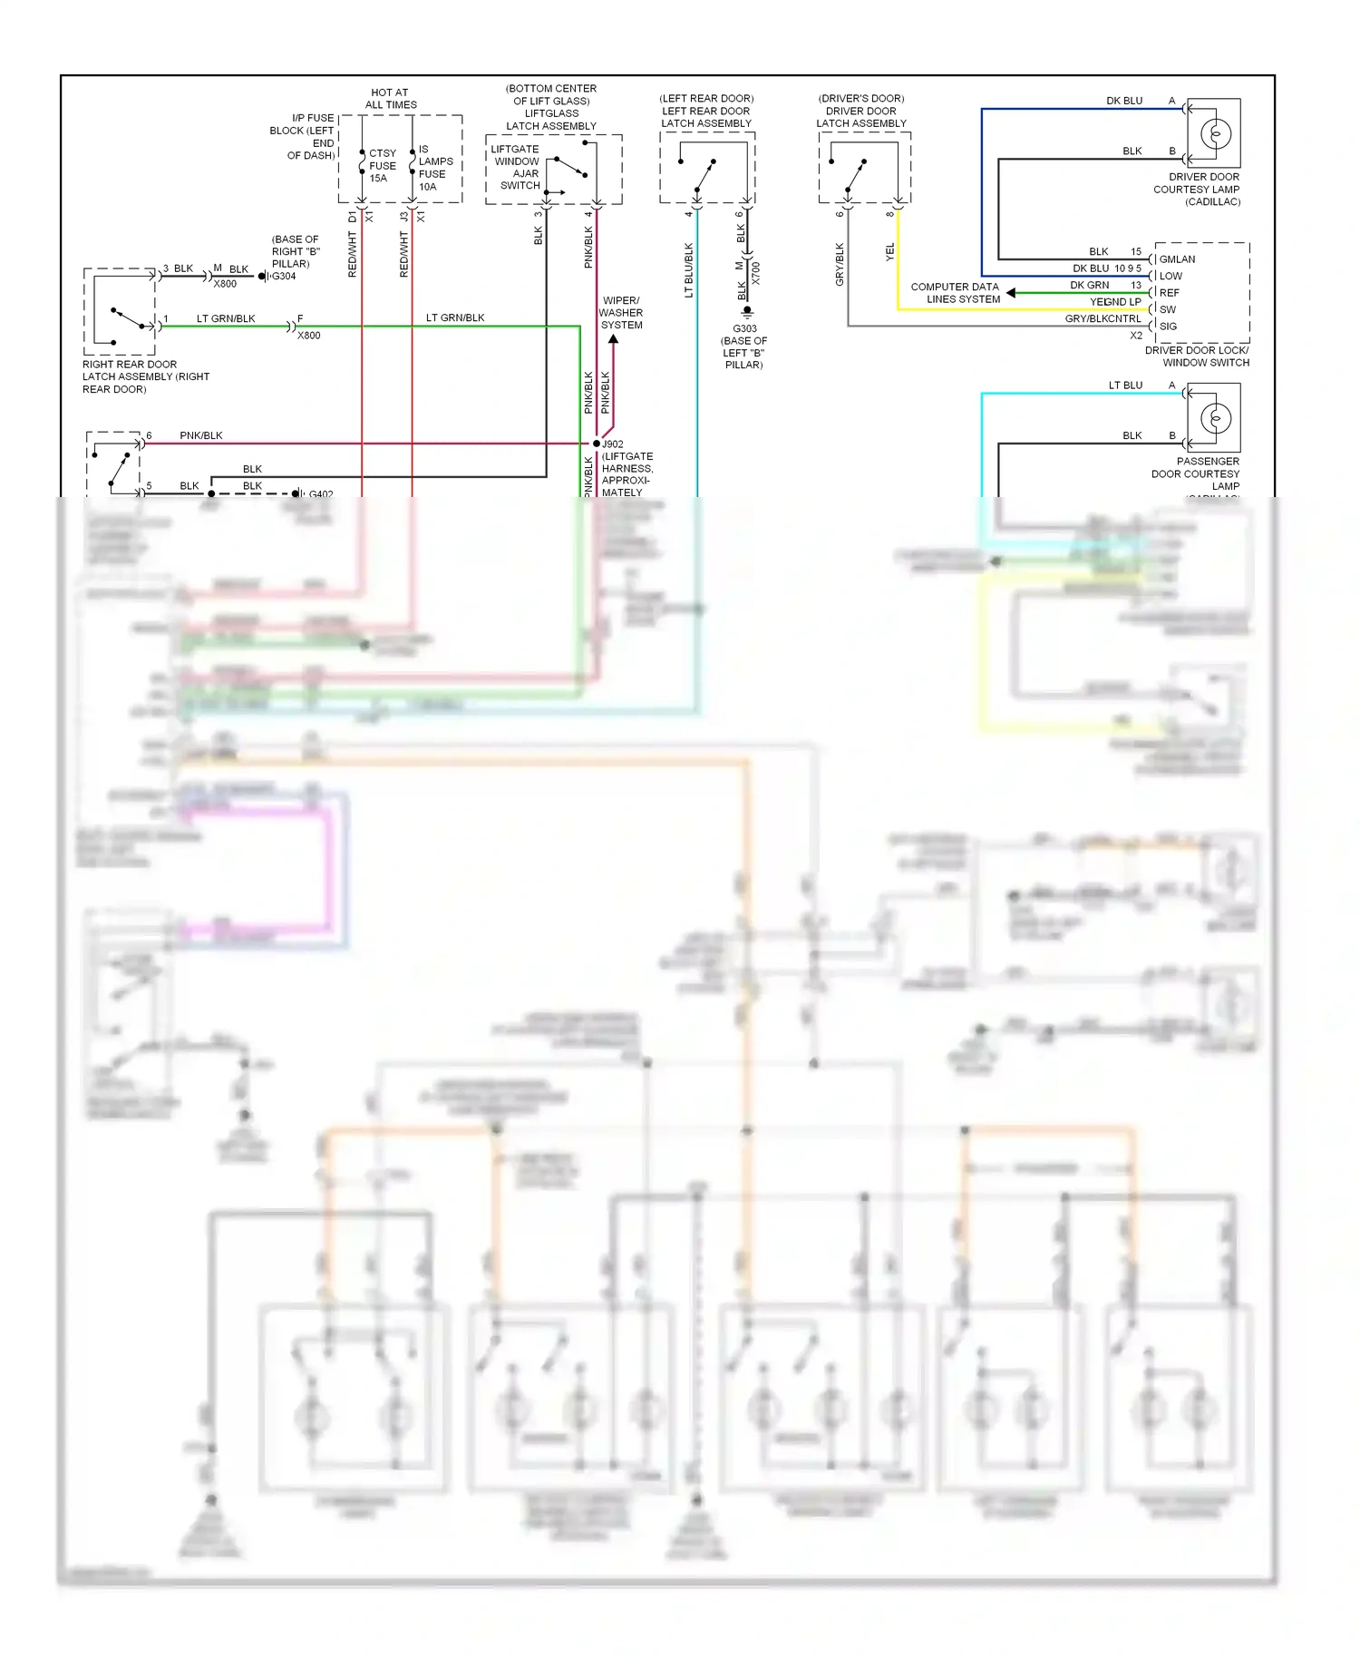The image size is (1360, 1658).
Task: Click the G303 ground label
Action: pyautogui.click(x=744, y=329)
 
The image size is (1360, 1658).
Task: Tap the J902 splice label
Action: pyautogui.click(x=613, y=444)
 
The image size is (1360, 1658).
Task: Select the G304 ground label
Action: pyautogui.click(x=284, y=277)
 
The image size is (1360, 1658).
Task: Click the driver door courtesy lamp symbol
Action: pyautogui.click(x=1215, y=133)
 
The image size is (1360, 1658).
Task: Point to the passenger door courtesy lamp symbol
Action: pyautogui.click(x=1215, y=418)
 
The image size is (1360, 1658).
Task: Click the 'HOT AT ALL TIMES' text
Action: pyautogui.click(x=390, y=99)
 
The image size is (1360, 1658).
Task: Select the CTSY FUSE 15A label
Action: pyautogui.click(x=382, y=166)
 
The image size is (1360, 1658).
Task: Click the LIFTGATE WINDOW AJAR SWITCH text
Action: pyautogui.click(x=516, y=168)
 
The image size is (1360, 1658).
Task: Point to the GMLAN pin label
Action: pyautogui.click(x=1177, y=259)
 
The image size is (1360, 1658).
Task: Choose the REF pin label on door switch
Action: pyautogui.click(x=1169, y=293)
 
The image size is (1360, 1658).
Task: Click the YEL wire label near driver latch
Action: pyautogui.click(x=889, y=252)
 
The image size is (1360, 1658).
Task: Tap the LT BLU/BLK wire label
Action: pyautogui.click(x=689, y=269)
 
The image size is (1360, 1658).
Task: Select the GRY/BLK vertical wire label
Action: pyautogui.click(x=840, y=265)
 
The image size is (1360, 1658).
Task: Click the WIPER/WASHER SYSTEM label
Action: pyautogui.click(x=621, y=313)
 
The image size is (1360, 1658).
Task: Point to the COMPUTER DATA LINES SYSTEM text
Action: pyautogui.click(x=956, y=293)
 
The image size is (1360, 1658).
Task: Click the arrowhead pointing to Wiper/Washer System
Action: pyautogui.click(x=613, y=340)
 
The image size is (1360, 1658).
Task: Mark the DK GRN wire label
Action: pyautogui.click(x=1089, y=286)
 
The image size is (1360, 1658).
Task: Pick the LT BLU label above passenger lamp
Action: pyautogui.click(x=1125, y=385)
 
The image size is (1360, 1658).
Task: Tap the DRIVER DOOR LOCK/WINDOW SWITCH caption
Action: pyautogui.click(x=1197, y=356)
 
